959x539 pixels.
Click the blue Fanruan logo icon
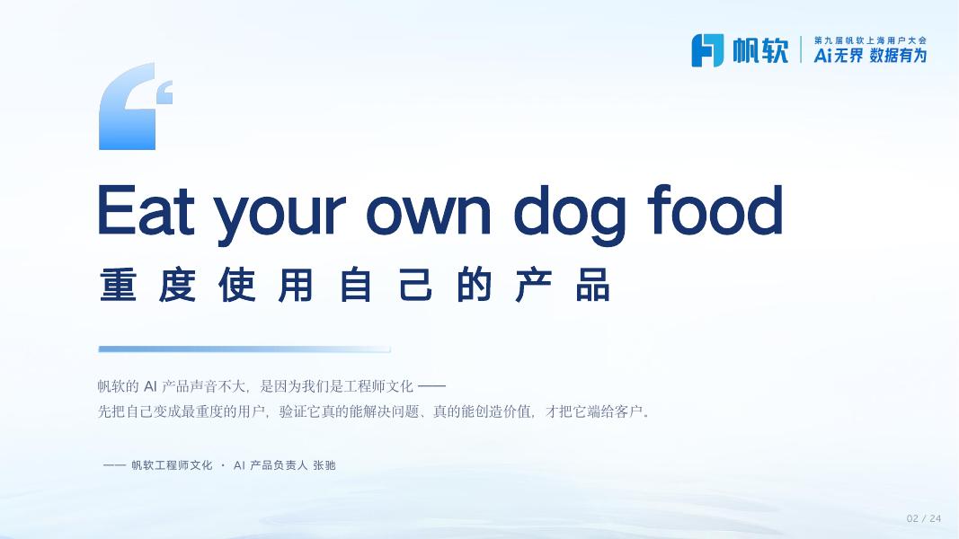707,50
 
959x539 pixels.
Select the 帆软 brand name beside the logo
760,50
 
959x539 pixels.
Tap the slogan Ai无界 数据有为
870,56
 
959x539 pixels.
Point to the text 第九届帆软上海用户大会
870,40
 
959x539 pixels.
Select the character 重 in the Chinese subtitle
118,284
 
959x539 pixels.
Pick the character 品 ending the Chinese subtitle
592,284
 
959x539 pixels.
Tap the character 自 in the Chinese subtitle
355,284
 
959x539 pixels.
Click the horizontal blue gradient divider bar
244,349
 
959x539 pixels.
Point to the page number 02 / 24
924,519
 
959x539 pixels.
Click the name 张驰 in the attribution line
324,465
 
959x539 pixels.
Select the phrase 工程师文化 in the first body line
379,386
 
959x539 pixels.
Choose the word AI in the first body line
150,386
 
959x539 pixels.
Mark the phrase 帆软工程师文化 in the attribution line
172,465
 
